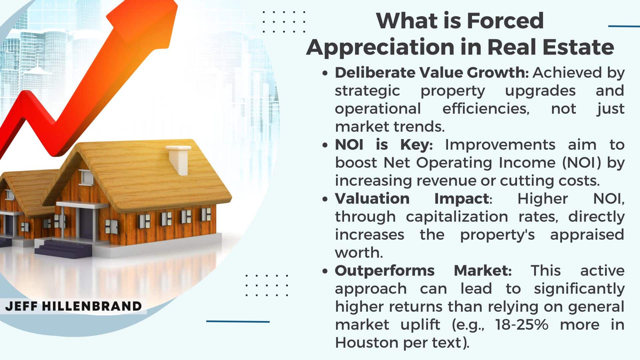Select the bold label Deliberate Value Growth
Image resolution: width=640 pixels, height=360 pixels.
432,73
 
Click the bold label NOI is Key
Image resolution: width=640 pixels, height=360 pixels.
384,145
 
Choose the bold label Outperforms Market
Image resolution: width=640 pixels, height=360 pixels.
423,270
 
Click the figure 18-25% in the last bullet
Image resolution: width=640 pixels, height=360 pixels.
522,324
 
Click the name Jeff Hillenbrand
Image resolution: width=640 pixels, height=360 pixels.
73,306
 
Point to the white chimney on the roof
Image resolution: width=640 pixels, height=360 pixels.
179,160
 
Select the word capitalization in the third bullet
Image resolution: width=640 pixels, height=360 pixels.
457,217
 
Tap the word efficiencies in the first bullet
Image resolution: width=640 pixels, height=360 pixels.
486,109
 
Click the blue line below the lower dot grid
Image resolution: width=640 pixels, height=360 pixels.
238,321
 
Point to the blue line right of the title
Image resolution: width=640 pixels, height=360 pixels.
624,26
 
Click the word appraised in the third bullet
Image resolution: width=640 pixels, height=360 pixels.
587,235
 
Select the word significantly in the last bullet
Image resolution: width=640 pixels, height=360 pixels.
579,289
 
